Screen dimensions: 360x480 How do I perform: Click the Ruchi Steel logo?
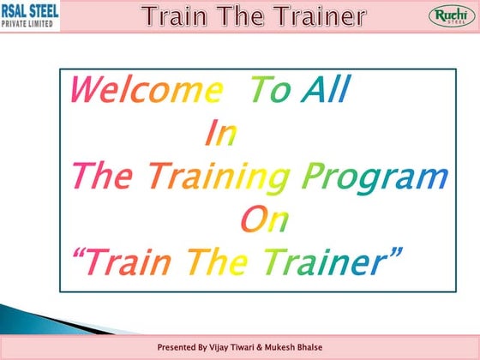tap(447, 16)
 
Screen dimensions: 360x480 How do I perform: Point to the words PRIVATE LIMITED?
tap(27, 23)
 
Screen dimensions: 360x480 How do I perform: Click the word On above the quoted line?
tap(263, 219)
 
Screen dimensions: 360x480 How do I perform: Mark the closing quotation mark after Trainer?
tap(395, 251)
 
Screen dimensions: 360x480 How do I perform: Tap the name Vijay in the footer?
tap(226, 347)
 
